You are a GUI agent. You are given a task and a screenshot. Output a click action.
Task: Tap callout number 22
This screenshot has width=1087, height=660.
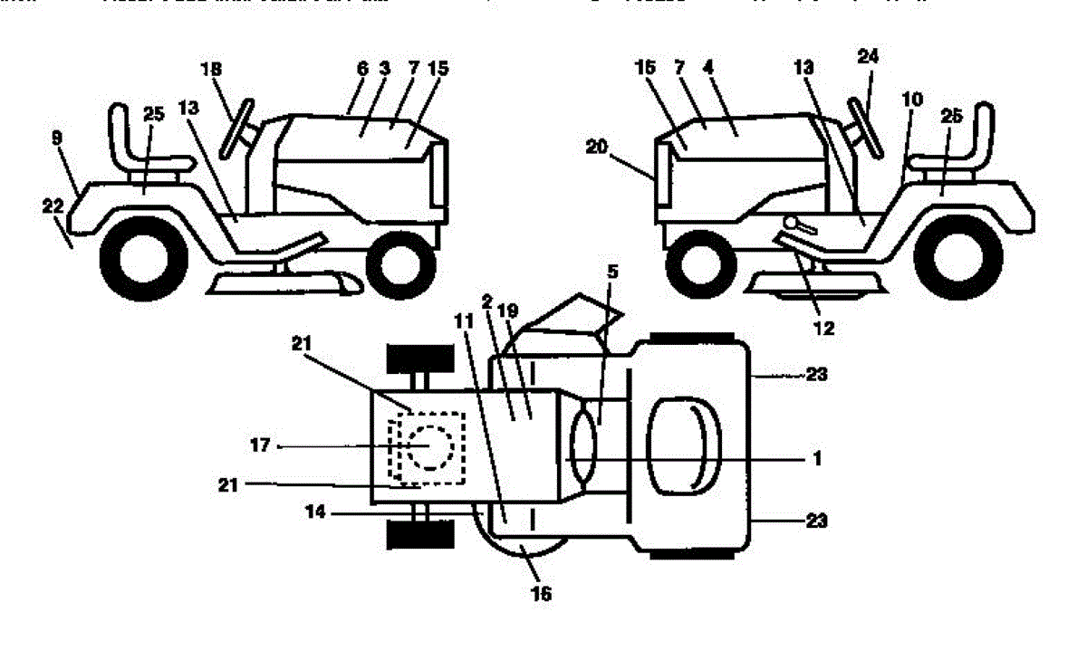(52, 206)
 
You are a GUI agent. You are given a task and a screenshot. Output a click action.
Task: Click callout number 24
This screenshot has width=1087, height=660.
(869, 57)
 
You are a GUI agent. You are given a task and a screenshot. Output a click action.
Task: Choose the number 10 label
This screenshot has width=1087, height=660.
(910, 99)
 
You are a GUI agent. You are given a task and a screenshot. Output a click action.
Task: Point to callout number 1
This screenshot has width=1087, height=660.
(816, 460)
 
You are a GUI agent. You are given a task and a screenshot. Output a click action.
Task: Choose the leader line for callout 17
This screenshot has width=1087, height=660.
(344, 445)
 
